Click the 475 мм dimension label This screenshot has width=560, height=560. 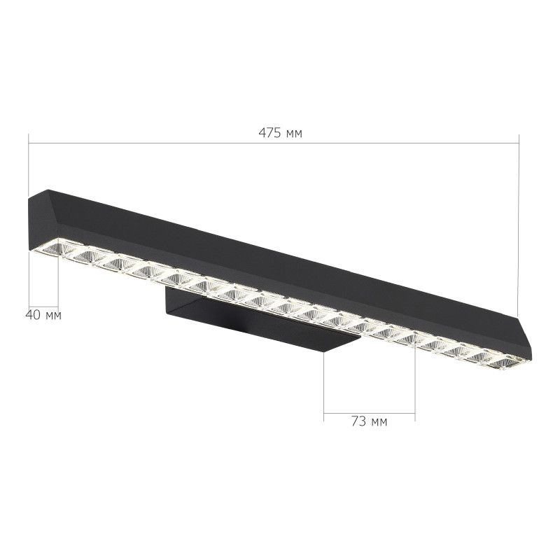point(281,133)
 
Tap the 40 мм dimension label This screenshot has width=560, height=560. point(43,315)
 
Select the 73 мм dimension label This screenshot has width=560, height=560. point(369,421)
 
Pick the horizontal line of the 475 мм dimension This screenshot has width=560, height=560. point(175,143)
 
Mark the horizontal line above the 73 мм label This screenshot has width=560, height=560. point(369,411)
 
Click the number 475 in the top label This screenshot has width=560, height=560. point(269,133)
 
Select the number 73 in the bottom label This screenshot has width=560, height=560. point(358,421)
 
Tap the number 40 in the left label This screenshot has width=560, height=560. point(33,315)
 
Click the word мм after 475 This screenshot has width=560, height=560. point(294,133)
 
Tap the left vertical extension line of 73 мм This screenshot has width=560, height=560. point(324,385)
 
